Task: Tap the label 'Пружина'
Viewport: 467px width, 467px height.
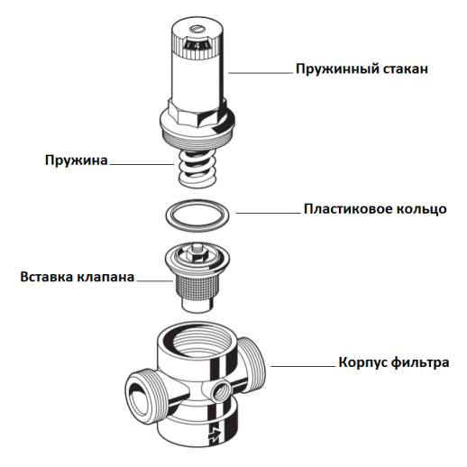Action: tap(77, 161)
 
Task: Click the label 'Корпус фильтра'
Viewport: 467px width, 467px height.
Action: tap(389, 363)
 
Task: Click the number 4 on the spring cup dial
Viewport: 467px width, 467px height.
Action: tap(200, 41)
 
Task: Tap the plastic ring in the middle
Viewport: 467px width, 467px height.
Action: tap(197, 215)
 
